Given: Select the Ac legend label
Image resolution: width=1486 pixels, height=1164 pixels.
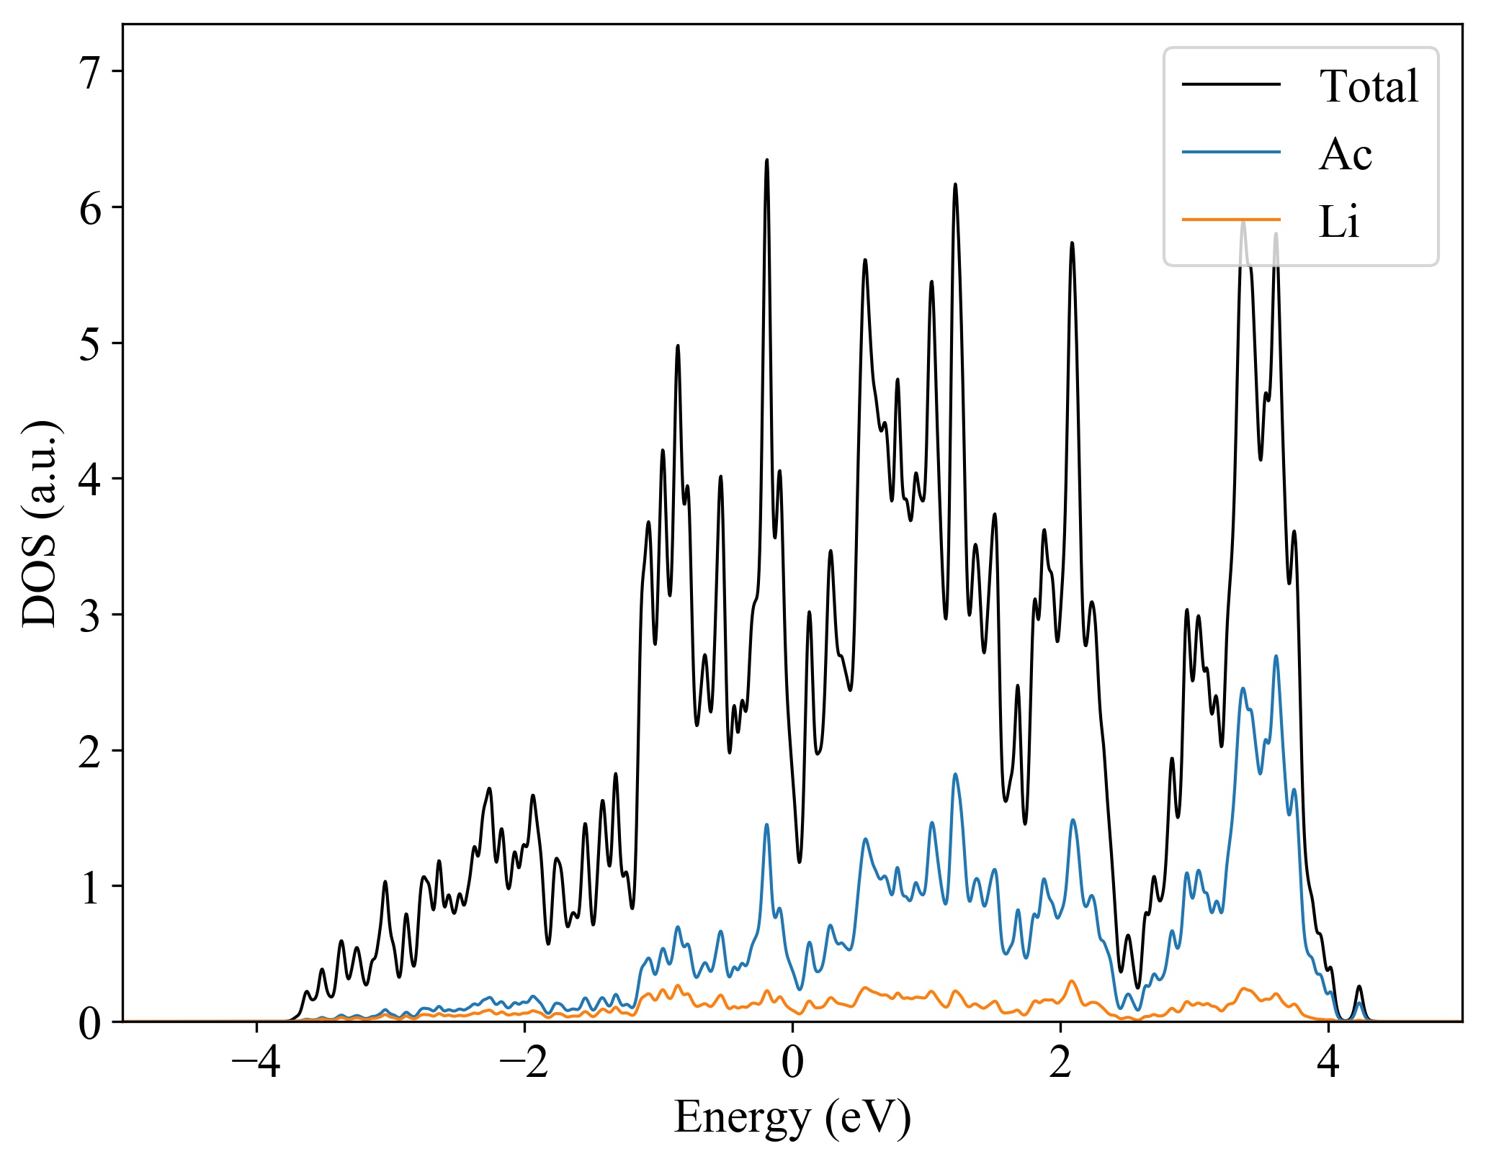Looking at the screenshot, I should pos(1345,154).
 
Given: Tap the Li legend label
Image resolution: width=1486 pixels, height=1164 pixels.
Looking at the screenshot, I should pos(1338,222).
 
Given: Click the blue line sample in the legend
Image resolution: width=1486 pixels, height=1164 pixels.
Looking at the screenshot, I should pos(1231,152).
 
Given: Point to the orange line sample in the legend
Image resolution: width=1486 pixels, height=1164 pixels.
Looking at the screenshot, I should pos(1231,219).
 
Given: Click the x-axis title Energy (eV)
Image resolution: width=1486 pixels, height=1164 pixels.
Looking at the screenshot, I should pos(792,1118).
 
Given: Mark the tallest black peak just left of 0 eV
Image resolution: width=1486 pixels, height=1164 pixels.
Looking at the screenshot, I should pos(766,161).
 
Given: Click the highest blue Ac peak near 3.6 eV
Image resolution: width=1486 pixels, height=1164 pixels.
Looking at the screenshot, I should pos(1276,657).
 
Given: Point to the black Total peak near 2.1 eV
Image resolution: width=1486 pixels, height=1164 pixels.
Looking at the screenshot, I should pos(1072,243).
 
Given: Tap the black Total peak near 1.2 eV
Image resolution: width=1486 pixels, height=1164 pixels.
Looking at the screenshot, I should pos(955,185).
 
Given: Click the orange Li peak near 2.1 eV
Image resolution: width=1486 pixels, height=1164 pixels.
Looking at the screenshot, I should pos(1072,980).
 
